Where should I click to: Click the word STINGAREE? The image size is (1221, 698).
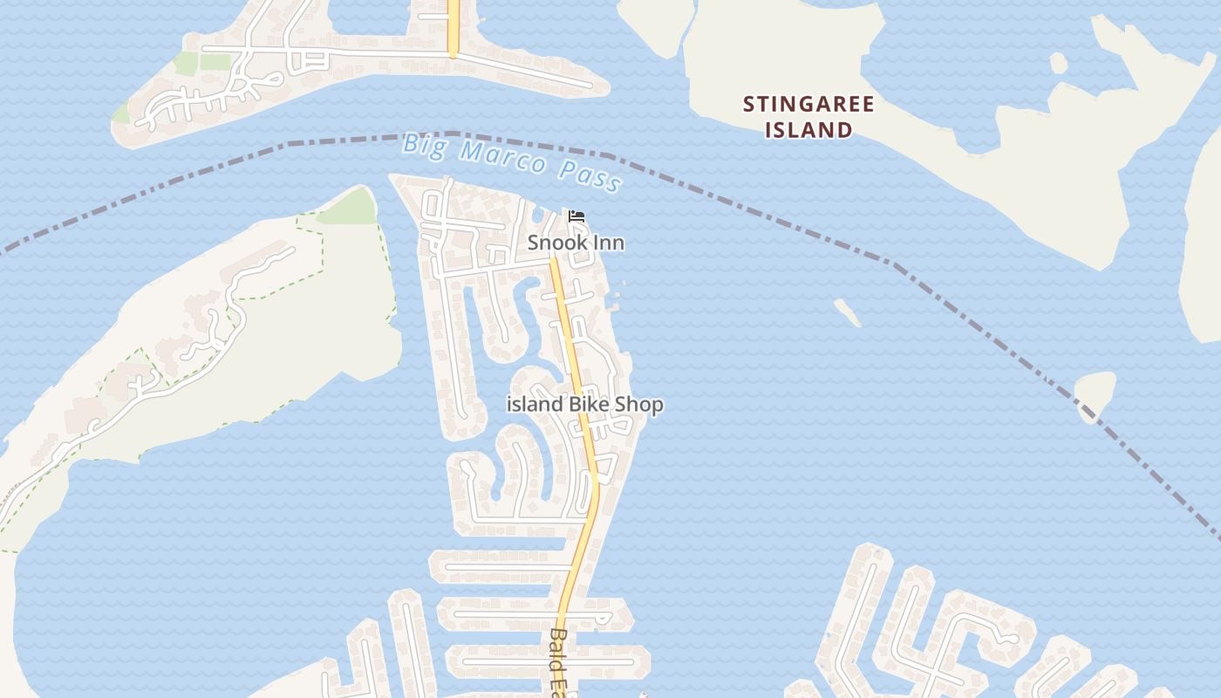tap(808, 105)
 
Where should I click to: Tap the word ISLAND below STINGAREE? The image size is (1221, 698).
tap(808, 130)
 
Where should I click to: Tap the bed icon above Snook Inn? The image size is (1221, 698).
tap(576, 216)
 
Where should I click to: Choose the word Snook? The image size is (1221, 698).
tap(555, 243)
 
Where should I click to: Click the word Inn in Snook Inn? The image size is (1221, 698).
tap(608, 243)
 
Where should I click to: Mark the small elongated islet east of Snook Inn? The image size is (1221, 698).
tap(847, 311)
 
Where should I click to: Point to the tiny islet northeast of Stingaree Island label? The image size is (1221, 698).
tap(1058, 63)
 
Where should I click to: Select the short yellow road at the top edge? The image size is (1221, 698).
tap(453, 26)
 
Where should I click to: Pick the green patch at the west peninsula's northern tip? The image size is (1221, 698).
tap(349, 208)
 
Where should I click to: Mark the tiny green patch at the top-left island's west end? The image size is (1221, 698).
tap(122, 113)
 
